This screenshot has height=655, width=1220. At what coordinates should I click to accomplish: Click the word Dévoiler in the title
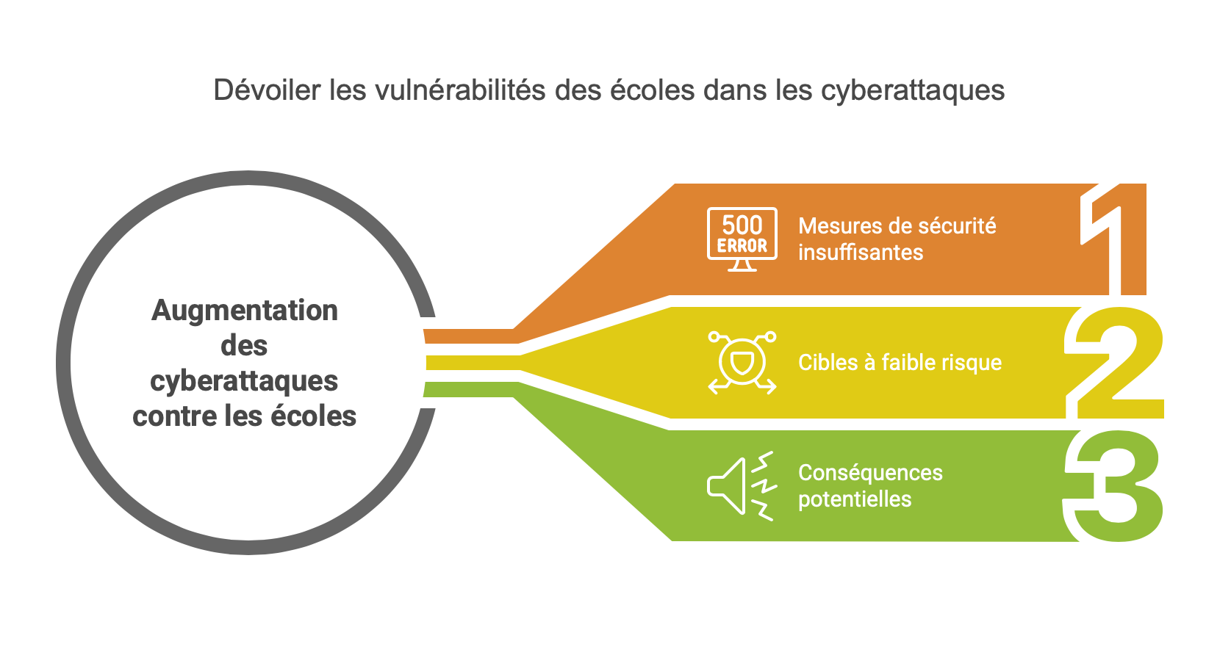coord(267,90)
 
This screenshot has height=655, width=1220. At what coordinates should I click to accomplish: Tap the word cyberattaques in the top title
coord(913,91)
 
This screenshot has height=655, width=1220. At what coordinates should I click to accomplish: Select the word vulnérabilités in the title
coord(460,90)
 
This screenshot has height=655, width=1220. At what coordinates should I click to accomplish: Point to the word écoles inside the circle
coord(313,416)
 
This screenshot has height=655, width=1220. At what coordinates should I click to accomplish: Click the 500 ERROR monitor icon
coord(742,239)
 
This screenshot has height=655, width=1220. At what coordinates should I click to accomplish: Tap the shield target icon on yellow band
coord(742,362)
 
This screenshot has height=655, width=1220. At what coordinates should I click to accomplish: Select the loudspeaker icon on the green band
coord(742,486)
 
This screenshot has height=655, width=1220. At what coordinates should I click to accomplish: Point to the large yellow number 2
coord(1114,363)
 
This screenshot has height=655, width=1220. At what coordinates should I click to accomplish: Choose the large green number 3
coord(1113,486)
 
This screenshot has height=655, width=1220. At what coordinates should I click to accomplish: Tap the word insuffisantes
coord(861,253)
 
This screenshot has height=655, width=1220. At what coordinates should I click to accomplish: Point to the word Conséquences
coord(870,474)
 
